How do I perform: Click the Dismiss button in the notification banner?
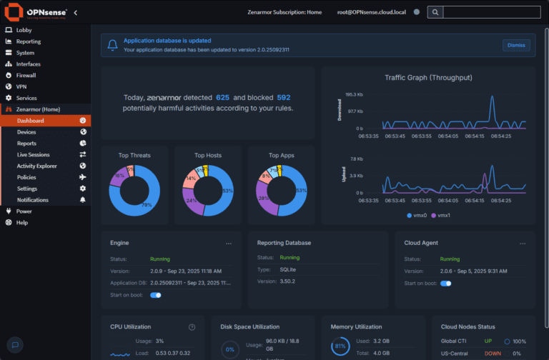[516, 45]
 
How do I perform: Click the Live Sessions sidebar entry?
[34, 154]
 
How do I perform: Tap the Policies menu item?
[26, 177]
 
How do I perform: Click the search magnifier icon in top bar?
[435, 12]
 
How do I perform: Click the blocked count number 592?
[283, 97]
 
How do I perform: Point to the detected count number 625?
[222, 97]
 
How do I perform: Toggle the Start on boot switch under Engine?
[155, 294]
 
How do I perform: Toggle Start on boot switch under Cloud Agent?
[445, 284]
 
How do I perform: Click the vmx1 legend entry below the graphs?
[442, 215]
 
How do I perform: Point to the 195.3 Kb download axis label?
[355, 94]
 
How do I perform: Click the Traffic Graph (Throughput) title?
[427, 77]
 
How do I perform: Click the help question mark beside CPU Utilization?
[192, 327]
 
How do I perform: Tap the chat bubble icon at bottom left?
[16, 344]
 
